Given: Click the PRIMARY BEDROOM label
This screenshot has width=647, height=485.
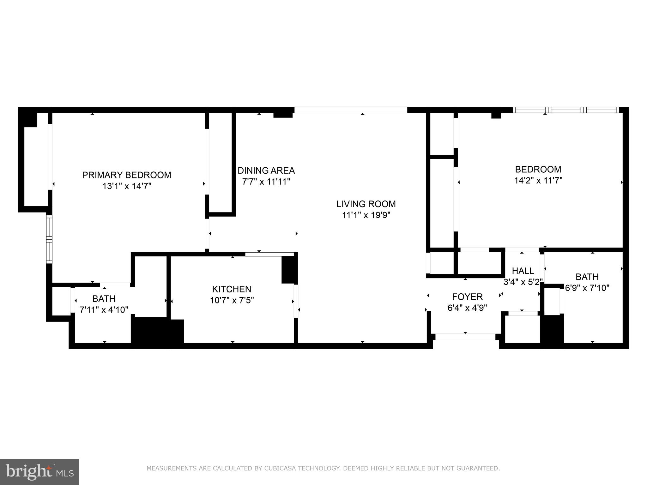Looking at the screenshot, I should click(x=127, y=175).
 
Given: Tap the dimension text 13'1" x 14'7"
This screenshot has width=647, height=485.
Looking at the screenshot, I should click(x=127, y=186).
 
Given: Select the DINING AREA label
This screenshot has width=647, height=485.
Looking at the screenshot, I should click(x=266, y=171).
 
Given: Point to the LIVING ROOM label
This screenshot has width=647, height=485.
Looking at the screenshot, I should click(x=366, y=204).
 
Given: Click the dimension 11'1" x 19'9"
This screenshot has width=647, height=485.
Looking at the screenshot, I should click(x=366, y=215).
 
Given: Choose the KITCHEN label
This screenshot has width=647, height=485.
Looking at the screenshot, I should click(x=232, y=289).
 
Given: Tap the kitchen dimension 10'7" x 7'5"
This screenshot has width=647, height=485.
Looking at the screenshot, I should click(x=232, y=300).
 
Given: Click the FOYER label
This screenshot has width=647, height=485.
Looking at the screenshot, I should click(x=467, y=297).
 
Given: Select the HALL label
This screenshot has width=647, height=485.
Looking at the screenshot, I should click(x=523, y=271).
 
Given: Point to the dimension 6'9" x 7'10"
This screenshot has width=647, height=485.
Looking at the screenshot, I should click(x=587, y=288).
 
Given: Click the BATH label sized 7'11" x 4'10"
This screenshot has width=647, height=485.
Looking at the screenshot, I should click(x=104, y=298).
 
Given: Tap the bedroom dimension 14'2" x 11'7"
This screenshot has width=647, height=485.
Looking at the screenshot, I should click(x=538, y=181).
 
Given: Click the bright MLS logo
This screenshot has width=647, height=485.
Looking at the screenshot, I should click(x=39, y=472).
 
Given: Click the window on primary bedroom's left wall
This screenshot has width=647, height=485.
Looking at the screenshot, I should click(x=49, y=239).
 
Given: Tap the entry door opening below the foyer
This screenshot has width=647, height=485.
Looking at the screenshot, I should click(x=465, y=337).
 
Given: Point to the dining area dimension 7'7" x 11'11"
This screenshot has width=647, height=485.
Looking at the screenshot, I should click(x=266, y=182).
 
